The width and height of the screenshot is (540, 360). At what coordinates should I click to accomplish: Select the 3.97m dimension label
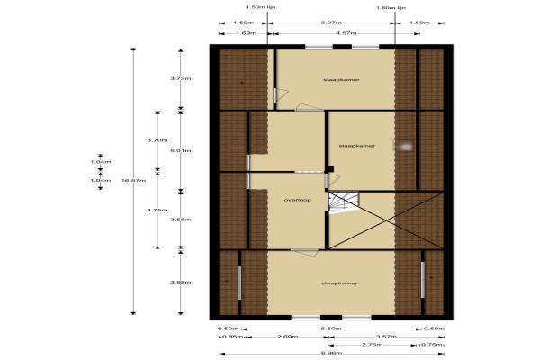click(x=332, y=22)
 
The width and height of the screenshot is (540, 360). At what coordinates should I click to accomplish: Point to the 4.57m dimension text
click(x=332, y=34)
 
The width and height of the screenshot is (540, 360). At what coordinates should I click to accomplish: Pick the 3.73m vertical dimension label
click(x=181, y=78)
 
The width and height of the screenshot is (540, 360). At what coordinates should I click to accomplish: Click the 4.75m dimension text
click(x=157, y=209)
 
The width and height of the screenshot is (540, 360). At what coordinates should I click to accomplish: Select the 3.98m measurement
click(x=181, y=282)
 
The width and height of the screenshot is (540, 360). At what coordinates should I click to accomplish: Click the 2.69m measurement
click(x=289, y=336)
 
